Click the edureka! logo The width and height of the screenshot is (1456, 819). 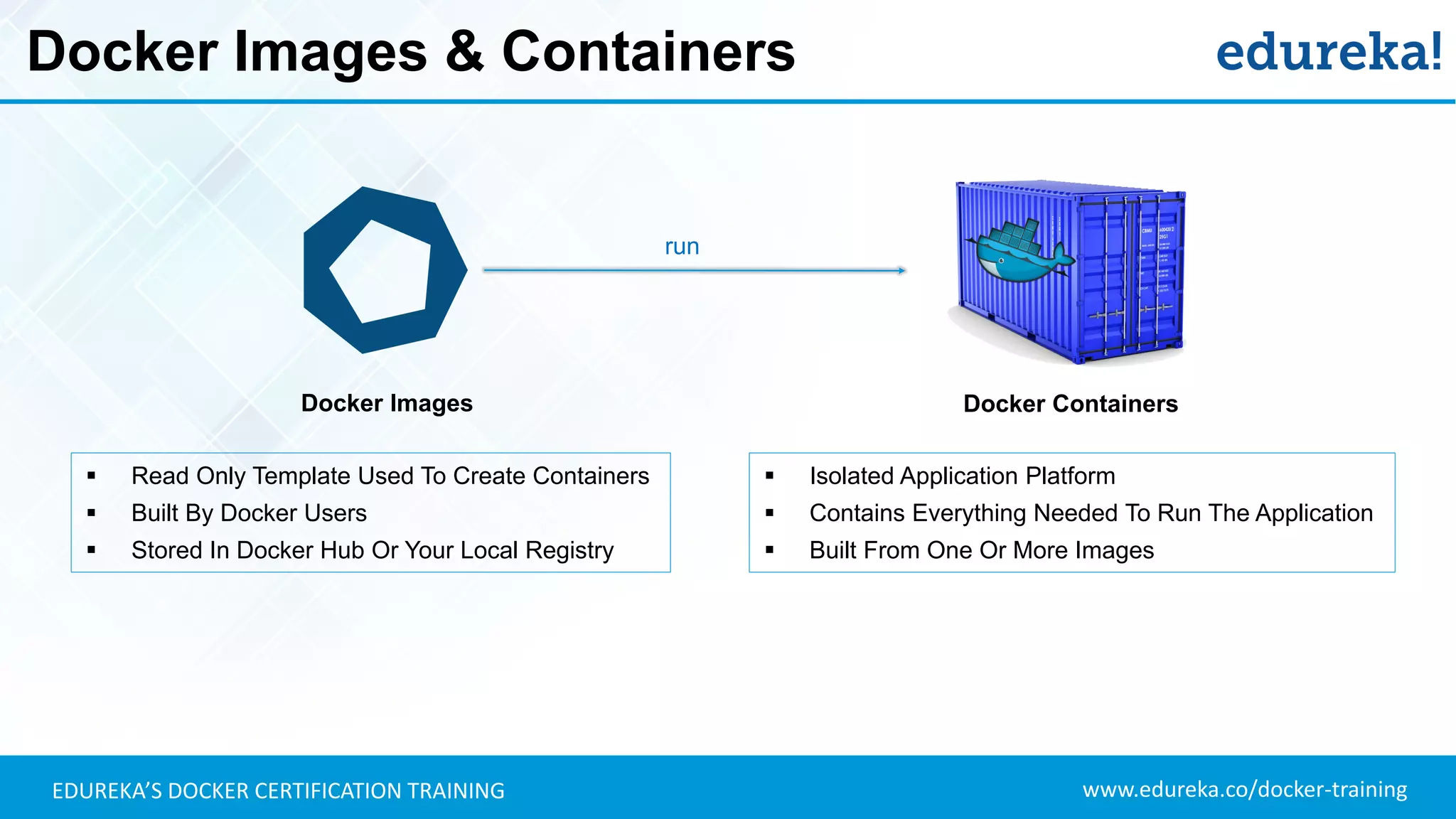[x=1328, y=52]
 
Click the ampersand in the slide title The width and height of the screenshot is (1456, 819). [x=464, y=52]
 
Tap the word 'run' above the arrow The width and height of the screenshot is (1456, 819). [x=682, y=247]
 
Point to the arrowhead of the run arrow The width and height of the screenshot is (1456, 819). [x=901, y=270]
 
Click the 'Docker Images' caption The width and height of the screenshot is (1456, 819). [x=387, y=403]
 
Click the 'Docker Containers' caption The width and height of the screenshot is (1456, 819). [x=1070, y=404]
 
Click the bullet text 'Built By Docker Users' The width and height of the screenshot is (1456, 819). [x=249, y=513]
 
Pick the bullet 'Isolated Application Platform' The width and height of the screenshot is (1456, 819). [x=962, y=476]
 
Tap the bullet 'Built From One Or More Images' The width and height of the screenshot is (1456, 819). [x=981, y=550]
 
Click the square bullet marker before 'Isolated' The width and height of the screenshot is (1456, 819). [x=769, y=476]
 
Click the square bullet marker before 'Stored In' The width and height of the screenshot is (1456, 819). [x=91, y=550]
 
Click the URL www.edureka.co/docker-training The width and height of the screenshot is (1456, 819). [x=1244, y=790]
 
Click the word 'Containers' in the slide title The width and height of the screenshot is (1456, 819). [x=648, y=52]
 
